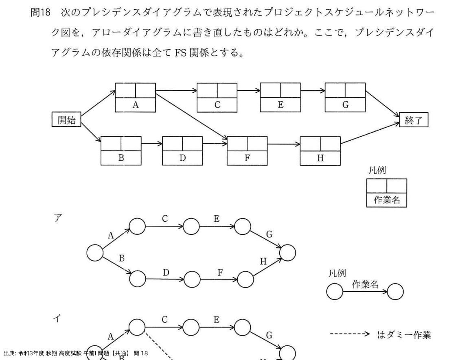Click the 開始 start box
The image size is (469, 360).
click(x=66, y=120)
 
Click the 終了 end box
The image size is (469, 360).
click(x=414, y=120)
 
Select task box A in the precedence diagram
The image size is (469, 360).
click(x=136, y=98)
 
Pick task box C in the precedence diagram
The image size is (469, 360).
click(x=217, y=98)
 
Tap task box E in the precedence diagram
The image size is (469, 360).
click(x=281, y=97)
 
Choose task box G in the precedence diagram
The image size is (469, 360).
click(x=345, y=97)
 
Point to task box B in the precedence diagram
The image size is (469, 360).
click(x=121, y=151)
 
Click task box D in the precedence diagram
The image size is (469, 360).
click(x=182, y=151)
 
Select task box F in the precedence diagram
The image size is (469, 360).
click(x=247, y=151)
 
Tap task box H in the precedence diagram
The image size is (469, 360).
click(x=320, y=151)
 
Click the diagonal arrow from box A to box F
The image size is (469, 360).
click(x=191, y=115)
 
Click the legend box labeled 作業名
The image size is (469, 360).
click(x=386, y=193)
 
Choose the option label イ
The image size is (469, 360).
click(x=57, y=319)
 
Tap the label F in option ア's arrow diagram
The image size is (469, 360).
click(x=220, y=272)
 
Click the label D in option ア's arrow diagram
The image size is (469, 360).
click(x=166, y=272)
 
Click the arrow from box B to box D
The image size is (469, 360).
click(x=152, y=144)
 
